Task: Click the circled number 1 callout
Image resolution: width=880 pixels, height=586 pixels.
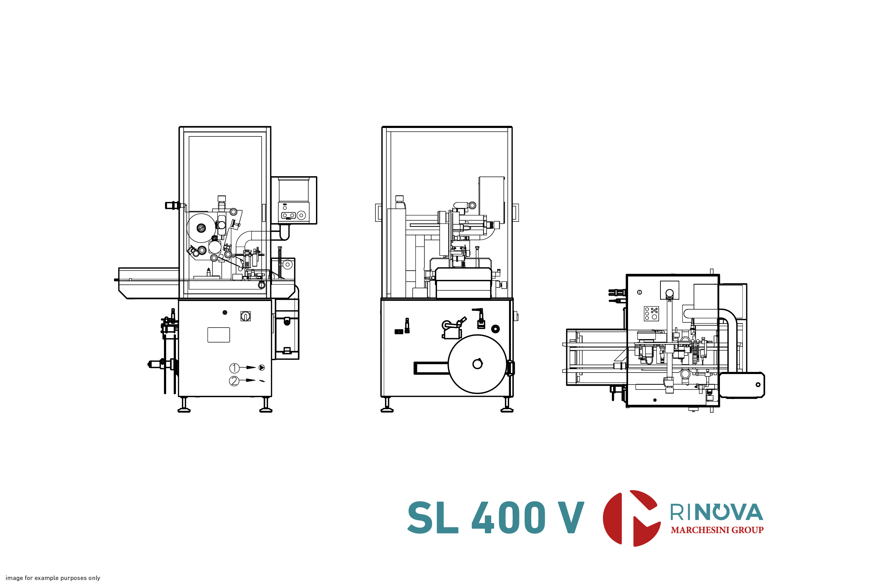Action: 234,368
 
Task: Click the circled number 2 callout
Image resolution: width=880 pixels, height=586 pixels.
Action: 234,381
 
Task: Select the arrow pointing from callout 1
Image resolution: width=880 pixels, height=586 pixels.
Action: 248,367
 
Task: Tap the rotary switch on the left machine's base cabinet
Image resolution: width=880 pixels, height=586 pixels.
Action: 245,316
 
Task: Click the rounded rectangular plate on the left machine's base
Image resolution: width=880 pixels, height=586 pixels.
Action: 219,335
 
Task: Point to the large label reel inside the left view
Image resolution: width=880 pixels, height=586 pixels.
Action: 201,227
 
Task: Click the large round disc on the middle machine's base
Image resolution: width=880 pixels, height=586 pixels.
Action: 477,364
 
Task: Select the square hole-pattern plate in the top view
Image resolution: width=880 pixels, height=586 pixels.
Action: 651,314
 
